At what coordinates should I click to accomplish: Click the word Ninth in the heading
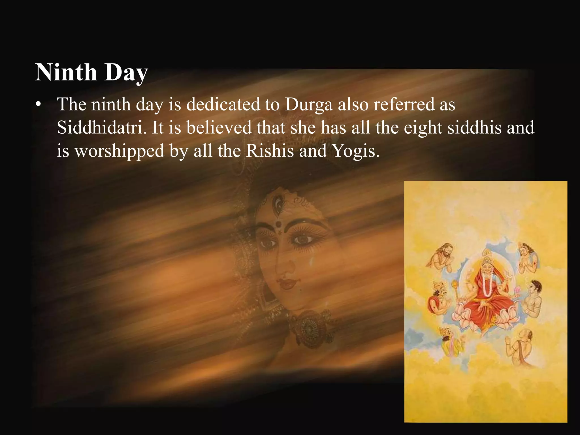(x=66, y=72)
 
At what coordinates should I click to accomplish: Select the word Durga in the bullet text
(x=308, y=105)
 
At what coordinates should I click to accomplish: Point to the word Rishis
(x=270, y=151)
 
